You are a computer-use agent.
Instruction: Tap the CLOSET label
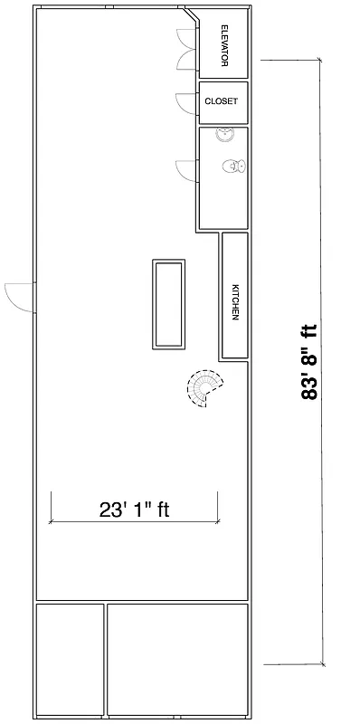(222, 101)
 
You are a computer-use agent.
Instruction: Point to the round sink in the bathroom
(225, 135)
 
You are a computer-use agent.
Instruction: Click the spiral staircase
(206, 388)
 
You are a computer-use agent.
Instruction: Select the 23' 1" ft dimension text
(135, 510)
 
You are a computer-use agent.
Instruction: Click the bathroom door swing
(187, 169)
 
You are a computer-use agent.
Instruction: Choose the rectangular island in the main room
(169, 303)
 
